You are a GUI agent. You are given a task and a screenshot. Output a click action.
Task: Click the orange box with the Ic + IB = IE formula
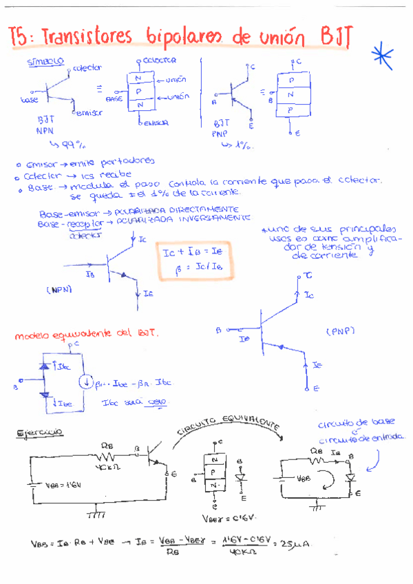193,260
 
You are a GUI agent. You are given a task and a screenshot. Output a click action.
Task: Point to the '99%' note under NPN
69,145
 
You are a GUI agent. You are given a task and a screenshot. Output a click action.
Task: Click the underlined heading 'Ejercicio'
39,432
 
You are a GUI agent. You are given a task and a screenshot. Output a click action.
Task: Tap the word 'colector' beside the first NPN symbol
87,67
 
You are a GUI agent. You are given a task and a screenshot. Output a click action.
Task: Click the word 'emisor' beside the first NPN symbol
88,112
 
